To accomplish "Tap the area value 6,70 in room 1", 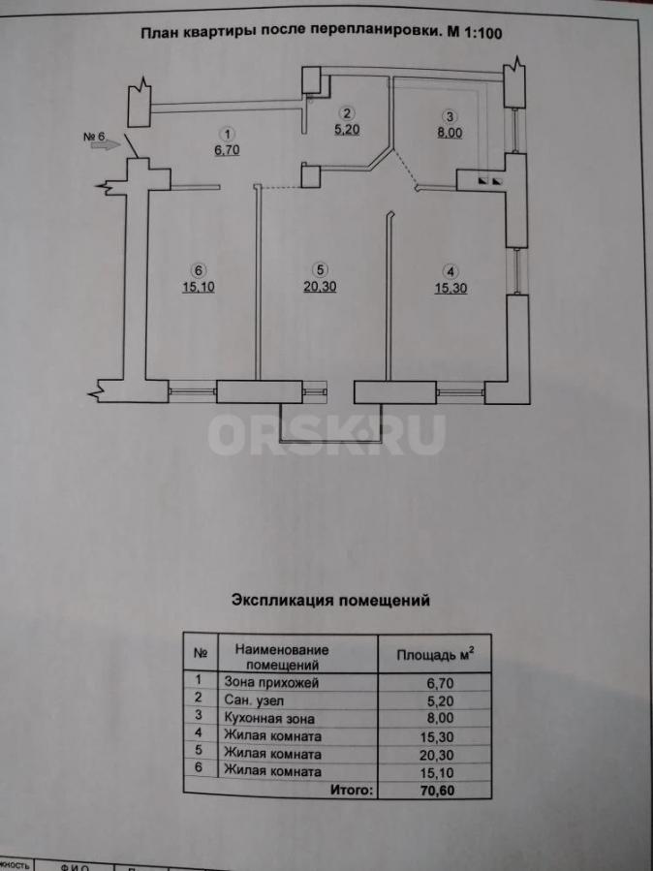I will pyautogui.click(x=225, y=150).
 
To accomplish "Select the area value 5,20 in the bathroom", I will pyautogui.click(x=346, y=127).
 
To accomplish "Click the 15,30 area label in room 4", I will pyautogui.click(x=450, y=286).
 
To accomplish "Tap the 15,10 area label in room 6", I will pyautogui.click(x=197, y=286).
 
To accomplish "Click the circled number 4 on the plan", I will pyautogui.click(x=450, y=269).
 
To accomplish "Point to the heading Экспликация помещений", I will pyautogui.click(x=329, y=600).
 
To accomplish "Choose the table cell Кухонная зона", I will pyautogui.click(x=268, y=719).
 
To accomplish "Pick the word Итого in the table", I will pyautogui.click(x=351, y=791).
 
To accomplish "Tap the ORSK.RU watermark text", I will pyautogui.click(x=326, y=435).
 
